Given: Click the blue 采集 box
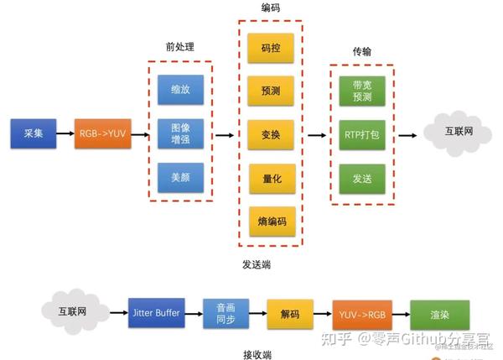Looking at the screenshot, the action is coord(34,133).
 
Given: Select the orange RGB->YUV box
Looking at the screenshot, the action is coord(102,133).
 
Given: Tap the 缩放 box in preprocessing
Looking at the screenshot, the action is coord(180,90).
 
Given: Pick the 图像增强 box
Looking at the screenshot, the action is coord(180,133).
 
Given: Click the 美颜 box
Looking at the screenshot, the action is coord(180,178).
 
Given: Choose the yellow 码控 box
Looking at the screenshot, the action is coord(271,48).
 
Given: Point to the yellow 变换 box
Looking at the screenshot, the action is coord(271,135).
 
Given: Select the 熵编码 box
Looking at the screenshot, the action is coord(272,222).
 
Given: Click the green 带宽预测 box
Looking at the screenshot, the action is coord(362,91).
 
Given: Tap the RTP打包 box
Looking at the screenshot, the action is coord(362,135).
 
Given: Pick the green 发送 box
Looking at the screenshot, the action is coord(362,179).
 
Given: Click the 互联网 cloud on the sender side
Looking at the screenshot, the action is coord(458,133).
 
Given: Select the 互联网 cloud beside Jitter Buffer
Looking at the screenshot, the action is coord(75,311).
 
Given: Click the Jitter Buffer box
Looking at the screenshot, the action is coord(157,313).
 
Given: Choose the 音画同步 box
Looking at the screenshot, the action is coord(226,314).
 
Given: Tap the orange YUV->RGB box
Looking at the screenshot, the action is coord(362,315).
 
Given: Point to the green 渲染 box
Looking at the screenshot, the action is coord(440,315).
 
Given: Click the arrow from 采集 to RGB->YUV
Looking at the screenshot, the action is coord(65,133).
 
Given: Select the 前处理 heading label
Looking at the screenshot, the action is coord(180,47).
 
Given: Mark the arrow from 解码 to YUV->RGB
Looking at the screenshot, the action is coord(323,314).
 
